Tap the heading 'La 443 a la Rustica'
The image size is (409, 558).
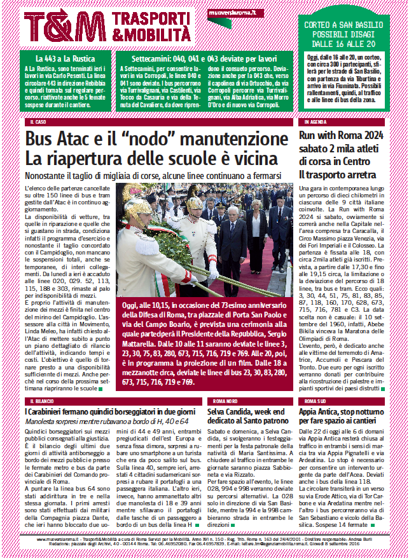point(66,58)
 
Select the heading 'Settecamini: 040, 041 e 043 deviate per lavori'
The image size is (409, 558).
point(199,58)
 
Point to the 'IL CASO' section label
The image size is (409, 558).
point(38,121)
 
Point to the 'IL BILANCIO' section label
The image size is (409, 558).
point(41,402)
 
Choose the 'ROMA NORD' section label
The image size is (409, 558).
point(225,402)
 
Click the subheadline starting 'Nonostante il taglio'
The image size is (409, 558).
point(153,175)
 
